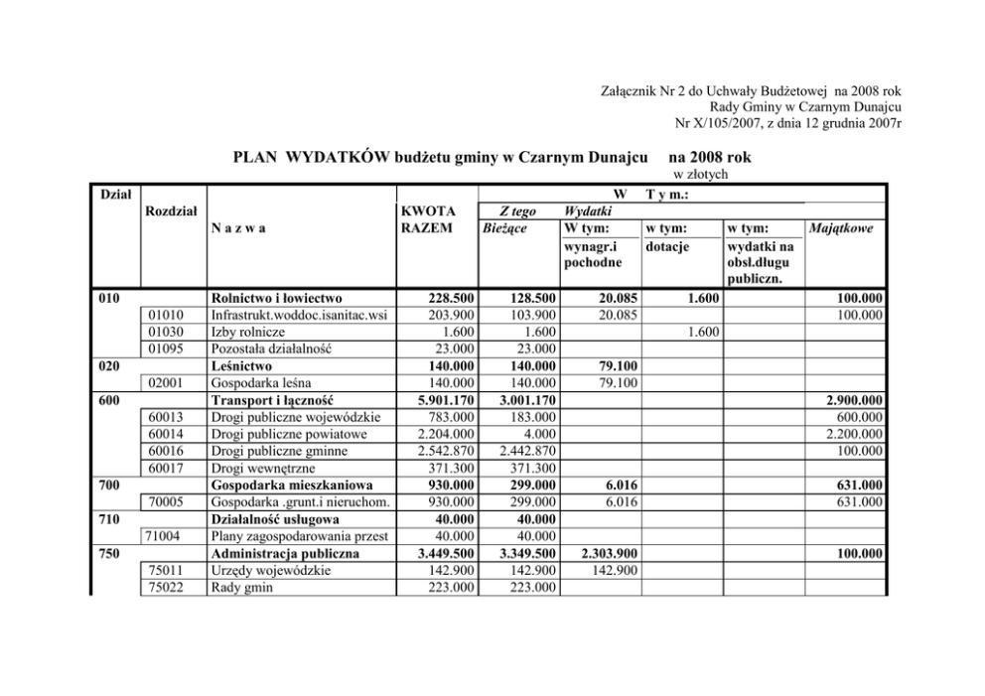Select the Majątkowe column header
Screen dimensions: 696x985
click(x=841, y=228)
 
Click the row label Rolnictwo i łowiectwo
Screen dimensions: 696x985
click(x=275, y=297)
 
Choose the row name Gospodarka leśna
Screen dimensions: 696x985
click(x=258, y=382)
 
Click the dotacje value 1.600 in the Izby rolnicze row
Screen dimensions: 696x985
click(x=701, y=331)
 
